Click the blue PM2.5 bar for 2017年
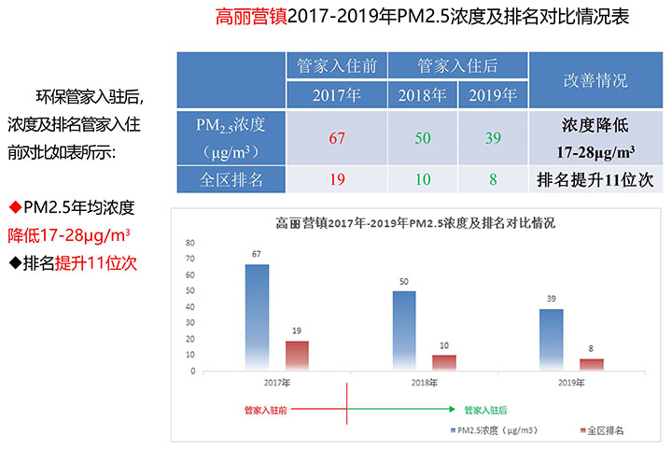[257, 317]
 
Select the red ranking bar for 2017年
[297, 356]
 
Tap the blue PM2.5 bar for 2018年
[404, 330]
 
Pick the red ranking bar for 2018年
[444, 363]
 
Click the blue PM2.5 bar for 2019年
[551, 340]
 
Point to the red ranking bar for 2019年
[592, 365]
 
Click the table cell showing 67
[337, 138]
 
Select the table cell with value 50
[422, 138]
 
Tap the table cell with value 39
[492, 138]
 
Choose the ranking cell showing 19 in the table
[337, 179]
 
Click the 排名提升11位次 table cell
[595, 179]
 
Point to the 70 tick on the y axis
[190, 243]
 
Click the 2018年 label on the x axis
[425, 383]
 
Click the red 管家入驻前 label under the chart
[264, 409]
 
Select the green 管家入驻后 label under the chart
[485, 409]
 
